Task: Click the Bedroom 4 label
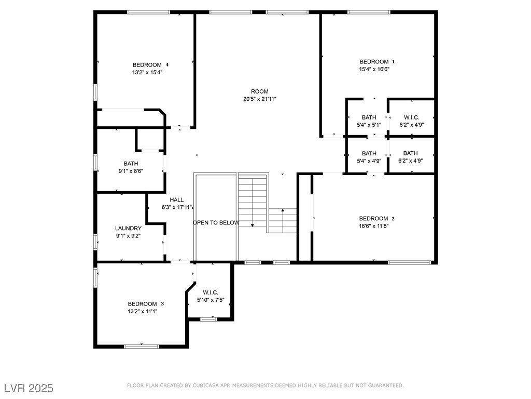coord(150,65)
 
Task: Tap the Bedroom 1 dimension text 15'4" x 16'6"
coord(374,69)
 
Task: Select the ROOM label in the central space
coord(260,91)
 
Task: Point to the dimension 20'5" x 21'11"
coord(260,99)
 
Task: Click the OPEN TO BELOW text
coord(216,222)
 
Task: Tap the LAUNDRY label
coord(128,229)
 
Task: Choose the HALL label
coord(176,200)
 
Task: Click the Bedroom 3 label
coord(146,303)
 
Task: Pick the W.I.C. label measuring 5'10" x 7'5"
coord(211,292)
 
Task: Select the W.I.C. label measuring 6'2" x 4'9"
coord(411,117)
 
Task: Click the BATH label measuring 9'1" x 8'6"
coord(131,164)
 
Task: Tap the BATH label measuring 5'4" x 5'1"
coord(369,117)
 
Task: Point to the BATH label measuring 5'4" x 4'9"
coord(369,153)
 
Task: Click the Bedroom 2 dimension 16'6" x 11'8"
coord(374,226)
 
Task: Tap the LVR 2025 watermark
coord(29,388)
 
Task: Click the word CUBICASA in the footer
coord(205,385)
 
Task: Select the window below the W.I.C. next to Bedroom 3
coord(208,320)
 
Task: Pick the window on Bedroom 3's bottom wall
coord(142,347)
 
